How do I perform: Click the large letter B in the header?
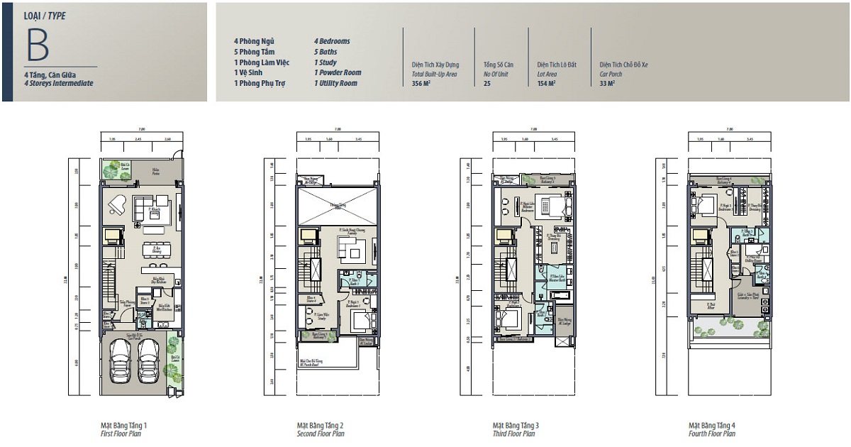[37, 45]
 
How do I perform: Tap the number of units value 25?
[487, 83]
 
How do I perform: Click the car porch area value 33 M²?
[607, 83]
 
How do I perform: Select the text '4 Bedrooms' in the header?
[332, 41]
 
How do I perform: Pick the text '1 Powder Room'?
[338, 72]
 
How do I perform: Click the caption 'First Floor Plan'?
[121, 434]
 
